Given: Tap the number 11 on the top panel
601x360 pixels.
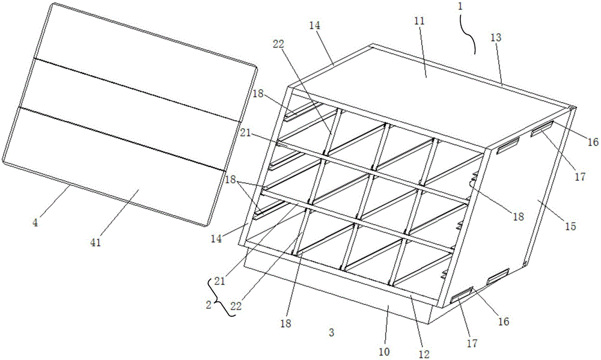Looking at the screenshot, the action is click(419, 21).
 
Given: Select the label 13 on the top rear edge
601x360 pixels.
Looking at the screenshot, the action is click(496, 37).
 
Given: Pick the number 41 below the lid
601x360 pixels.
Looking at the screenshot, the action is click(96, 242).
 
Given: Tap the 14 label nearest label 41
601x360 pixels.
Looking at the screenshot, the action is click(216, 238).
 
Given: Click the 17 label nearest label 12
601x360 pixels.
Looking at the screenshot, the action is click(471, 343).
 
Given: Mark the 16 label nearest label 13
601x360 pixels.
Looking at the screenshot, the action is click(593, 142).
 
